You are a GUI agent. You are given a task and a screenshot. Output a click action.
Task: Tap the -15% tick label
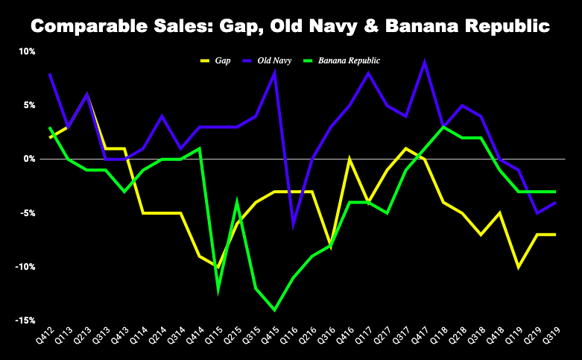(x=24, y=320)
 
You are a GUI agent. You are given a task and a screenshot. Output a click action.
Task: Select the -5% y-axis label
(x=26, y=213)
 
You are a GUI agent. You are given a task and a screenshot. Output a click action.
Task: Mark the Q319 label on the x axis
(x=553, y=338)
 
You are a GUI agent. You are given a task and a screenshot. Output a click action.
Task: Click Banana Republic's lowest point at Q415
(x=275, y=309)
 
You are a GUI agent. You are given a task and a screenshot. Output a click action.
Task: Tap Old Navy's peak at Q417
(x=424, y=63)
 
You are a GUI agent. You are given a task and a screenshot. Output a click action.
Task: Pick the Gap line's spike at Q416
(x=349, y=160)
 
